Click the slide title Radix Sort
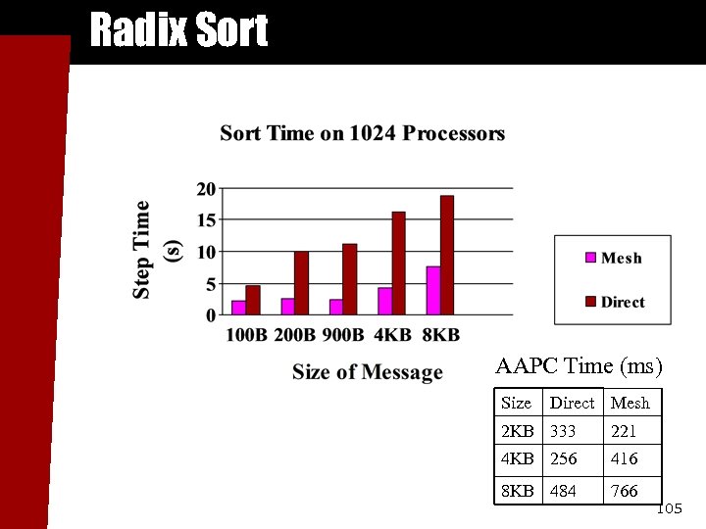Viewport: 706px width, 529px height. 177,30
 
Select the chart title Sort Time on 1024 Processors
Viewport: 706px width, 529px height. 362,133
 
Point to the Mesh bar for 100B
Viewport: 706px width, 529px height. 238,308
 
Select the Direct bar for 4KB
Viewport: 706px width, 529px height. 398,263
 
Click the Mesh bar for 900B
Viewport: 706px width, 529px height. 335,307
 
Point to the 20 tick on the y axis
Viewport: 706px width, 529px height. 206,189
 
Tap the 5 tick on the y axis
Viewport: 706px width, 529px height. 210,284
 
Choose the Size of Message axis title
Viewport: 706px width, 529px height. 367,372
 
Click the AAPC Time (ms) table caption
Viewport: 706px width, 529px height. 579,367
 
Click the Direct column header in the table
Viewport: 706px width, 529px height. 572,403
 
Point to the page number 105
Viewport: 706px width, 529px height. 668,509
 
